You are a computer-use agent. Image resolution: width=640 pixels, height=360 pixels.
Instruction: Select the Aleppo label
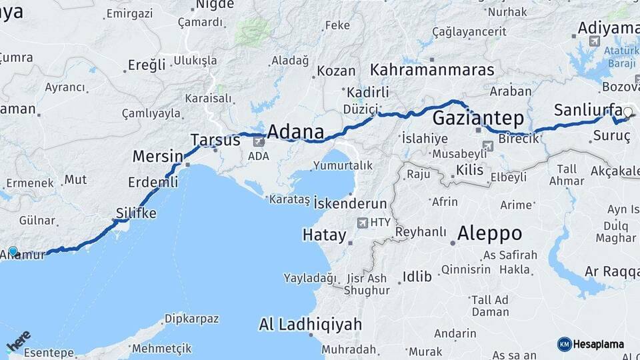(x=489, y=233)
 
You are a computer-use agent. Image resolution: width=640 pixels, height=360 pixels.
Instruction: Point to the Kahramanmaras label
(x=432, y=69)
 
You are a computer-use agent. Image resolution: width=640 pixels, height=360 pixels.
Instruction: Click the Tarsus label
(x=215, y=140)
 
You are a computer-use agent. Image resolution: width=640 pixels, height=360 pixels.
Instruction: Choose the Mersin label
(x=157, y=156)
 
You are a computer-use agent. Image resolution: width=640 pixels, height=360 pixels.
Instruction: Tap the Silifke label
(x=136, y=213)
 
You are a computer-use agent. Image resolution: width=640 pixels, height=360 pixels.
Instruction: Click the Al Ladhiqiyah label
(x=311, y=325)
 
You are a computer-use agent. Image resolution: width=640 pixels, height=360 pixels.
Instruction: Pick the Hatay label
(x=325, y=235)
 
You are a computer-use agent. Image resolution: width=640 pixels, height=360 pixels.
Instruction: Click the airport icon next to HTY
(x=363, y=223)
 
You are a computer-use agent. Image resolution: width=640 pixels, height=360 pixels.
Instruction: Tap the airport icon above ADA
(x=259, y=141)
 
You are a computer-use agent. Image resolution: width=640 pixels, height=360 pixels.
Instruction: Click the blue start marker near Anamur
(x=13, y=251)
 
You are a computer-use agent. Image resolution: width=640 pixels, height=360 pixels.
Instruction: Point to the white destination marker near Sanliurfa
(x=627, y=112)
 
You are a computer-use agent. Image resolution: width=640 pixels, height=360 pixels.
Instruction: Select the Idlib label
(x=417, y=276)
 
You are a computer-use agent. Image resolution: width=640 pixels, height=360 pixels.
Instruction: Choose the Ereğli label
(x=146, y=65)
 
